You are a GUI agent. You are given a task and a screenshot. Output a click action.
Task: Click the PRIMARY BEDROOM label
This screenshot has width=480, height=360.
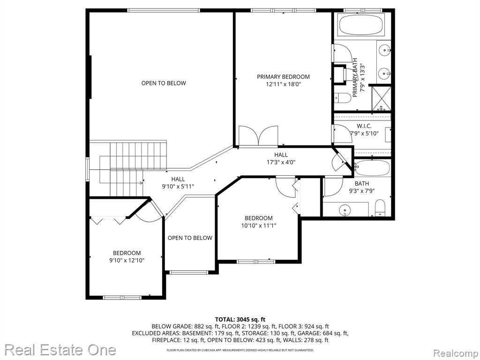pyautogui.click(x=283, y=77)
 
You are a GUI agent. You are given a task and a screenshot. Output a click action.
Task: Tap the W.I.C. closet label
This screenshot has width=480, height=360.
pyautogui.click(x=364, y=126)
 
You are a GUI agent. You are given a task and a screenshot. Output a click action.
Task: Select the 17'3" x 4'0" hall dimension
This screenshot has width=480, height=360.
pyautogui.click(x=281, y=163)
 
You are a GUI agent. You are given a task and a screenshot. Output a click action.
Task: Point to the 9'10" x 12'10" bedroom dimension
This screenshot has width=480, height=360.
pyautogui.click(x=127, y=261)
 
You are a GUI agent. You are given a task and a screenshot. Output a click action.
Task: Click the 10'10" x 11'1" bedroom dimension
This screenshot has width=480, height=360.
pyautogui.click(x=259, y=226)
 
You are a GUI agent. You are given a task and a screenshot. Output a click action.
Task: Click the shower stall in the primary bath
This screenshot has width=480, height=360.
pyautogui.click(x=381, y=98)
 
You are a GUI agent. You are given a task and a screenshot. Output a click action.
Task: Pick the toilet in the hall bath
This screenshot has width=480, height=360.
pyautogui.click(x=380, y=208)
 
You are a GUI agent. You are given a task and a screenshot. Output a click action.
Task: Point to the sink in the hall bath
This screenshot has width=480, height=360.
pyautogui.click(x=345, y=210)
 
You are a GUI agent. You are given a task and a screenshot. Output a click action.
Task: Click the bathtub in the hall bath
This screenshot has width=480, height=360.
pyautogui.click(x=372, y=168)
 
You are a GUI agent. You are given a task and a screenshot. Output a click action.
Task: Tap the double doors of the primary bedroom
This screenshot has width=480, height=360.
pyautogui.click(x=259, y=135)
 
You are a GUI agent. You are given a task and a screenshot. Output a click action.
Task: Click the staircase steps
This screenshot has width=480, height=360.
pyautogui.click(x=132, y=168)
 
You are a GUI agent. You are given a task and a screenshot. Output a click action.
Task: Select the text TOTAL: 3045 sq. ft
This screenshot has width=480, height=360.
pyautogui.click(x=240, y=320)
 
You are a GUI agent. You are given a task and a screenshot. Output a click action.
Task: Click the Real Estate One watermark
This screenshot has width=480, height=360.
pyautogui.click(x=60, y=350)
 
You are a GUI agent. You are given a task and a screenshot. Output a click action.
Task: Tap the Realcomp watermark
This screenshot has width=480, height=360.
pyautogui.click(x=455, y=353)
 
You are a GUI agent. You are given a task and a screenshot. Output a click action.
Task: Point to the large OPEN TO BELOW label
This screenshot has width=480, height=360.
pyautogui.click(x=164, y=83)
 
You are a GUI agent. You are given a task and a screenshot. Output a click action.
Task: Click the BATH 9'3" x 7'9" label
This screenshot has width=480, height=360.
pyautogui.click(x=362, y=187)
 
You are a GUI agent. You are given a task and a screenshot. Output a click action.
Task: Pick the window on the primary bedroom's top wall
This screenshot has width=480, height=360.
pyautogui.click(x=283, y=10)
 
